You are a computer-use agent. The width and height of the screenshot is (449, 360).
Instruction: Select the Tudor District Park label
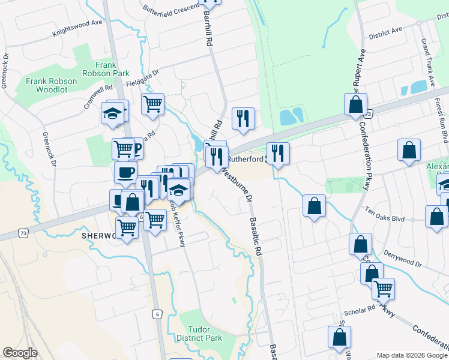coord(205,334)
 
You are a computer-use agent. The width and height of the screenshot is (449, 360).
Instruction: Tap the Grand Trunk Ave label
coord(427,59)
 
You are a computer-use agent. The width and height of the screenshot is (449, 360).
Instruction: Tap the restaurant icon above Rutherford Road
coord(243,118)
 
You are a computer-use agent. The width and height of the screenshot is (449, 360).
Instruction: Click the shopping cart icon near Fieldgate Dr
coord(153,104)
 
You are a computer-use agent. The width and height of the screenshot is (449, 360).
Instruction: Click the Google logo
coord(20,353)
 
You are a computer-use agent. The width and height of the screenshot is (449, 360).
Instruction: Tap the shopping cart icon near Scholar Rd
coord(383,289)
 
